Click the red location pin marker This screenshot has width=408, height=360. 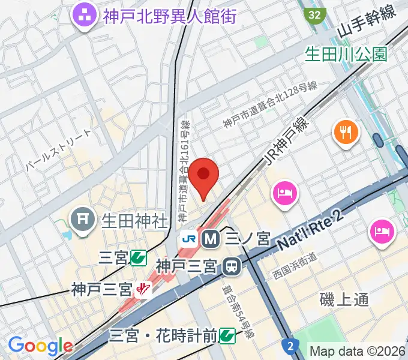tap(204, 175)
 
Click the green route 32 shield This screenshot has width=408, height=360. tap(314, 14)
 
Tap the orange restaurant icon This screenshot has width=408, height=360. tap(347, 131)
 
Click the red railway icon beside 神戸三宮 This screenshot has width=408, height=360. tap(143, 290)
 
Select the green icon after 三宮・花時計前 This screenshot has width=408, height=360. tap(227, 334)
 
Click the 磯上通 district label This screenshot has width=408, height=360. tap(344, 299)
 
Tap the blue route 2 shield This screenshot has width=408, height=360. tap(290, 346)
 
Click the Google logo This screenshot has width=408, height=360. tap(40, 346)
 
